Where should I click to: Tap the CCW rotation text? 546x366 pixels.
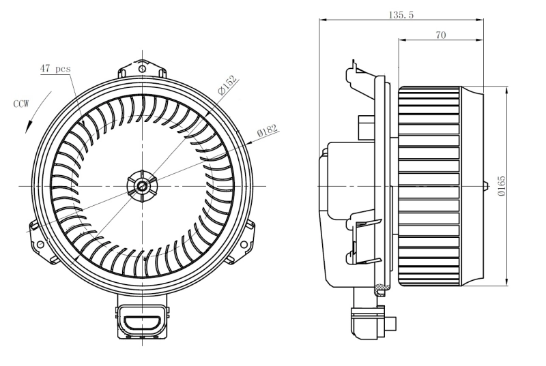coord(21,104)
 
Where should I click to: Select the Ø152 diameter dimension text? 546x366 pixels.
coord(227,86)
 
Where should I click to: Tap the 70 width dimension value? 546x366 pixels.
coord(441,34)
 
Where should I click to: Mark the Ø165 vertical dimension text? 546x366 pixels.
coord(502,186)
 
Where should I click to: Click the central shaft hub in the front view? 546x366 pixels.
coord(142,185)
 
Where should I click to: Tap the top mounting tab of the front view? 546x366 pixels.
coord(142,68)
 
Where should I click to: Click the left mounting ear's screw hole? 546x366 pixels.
coord(40,243)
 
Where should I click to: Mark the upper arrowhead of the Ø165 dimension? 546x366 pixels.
coord(507,89)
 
